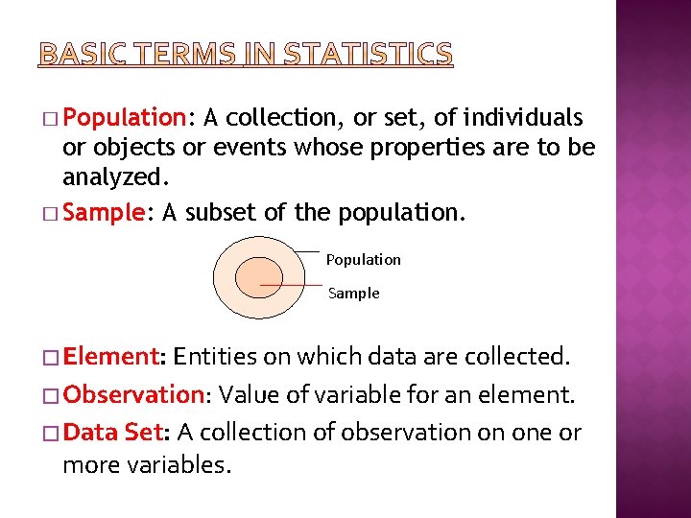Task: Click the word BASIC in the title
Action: click(x=80, y=54)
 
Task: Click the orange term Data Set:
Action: click(x=116, y=433)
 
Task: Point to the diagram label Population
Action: click(x=364, y=260)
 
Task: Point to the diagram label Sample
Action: click(x=354, y=294)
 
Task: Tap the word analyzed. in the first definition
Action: click(x=106, y=178)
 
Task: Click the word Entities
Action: click(x=217, y=357)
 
